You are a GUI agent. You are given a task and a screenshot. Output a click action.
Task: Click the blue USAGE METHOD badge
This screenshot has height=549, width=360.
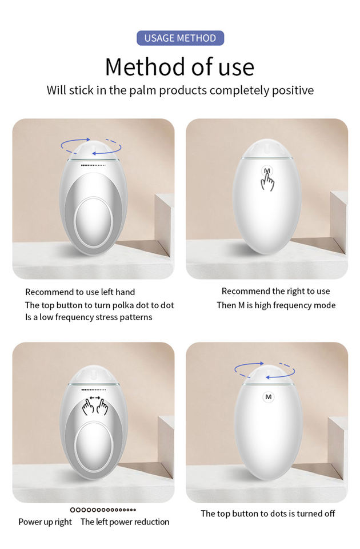pyautogui.click(x=180, y=38)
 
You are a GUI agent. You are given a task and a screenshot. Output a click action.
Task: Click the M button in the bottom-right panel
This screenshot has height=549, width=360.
pyautogui.click(x=269, y=397)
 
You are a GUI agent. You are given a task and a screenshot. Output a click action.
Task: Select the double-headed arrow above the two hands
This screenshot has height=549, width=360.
pyautogui.click(x=95, y=398)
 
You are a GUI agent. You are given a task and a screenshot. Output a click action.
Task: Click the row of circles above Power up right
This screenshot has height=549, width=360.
pyautogui.click(x=103, y=510)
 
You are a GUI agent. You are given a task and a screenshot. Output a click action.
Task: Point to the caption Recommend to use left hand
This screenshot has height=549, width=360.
pyautogui.click(x=80, y=292)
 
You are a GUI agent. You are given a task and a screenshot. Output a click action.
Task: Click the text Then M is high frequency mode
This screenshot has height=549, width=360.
pyautogui.click(x=276, y=305)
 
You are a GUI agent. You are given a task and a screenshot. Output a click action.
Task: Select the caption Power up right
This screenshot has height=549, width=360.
pyautogui.click(x=45, y=522)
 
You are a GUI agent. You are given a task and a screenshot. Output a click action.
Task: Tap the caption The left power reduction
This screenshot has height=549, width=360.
pyautogui.click(x=125, y=522)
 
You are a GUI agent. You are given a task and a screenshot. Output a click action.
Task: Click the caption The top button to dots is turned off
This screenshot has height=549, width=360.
pyautogui.click(x=267, y=514)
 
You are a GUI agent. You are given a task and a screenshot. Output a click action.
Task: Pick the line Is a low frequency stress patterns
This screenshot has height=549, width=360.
pyautogui.click(x=89, y=317)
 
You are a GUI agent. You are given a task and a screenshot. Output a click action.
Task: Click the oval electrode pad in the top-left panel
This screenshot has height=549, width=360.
pyautogui.click(x=93, y=222)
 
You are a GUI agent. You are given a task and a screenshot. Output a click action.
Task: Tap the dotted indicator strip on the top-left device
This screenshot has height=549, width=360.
pyautogui.click(x=93, y=165)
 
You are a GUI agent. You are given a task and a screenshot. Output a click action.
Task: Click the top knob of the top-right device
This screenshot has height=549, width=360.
pyautogui.click(x=267, y=149)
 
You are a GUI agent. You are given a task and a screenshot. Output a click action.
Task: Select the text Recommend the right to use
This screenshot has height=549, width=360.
pyautogui.click(x=275, y=291)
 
